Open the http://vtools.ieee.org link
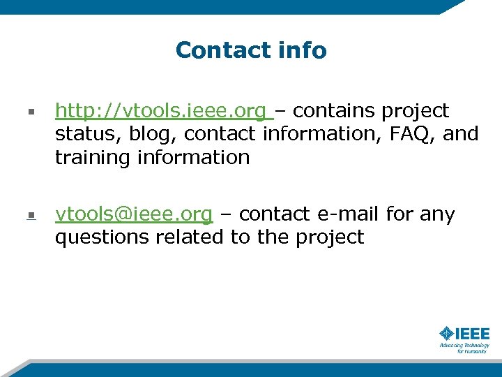(160, 111)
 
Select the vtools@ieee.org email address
(133, 214)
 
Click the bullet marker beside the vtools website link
(31, 112)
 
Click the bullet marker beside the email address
(31, 215)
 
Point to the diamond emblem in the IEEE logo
(446, 334)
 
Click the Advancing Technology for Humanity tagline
(464, 348)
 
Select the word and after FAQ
(461, 134)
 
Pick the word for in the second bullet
(400, 214)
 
